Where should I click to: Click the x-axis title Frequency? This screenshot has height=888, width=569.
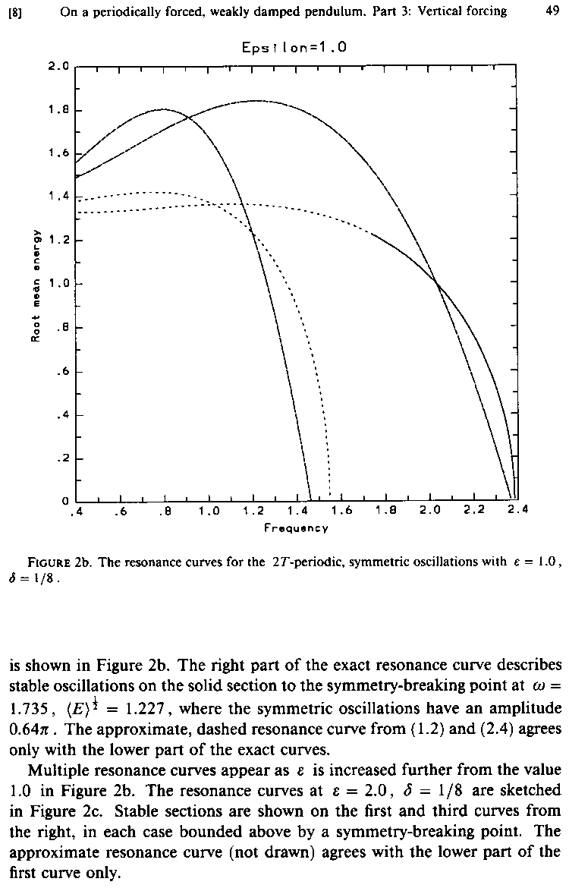296,527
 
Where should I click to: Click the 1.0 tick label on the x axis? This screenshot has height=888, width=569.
209,512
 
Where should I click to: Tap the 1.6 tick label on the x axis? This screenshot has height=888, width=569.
341,512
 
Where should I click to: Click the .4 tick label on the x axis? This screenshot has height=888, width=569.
74,512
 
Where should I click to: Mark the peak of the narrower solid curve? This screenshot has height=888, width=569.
162,109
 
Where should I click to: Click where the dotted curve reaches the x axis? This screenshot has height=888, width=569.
330,497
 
